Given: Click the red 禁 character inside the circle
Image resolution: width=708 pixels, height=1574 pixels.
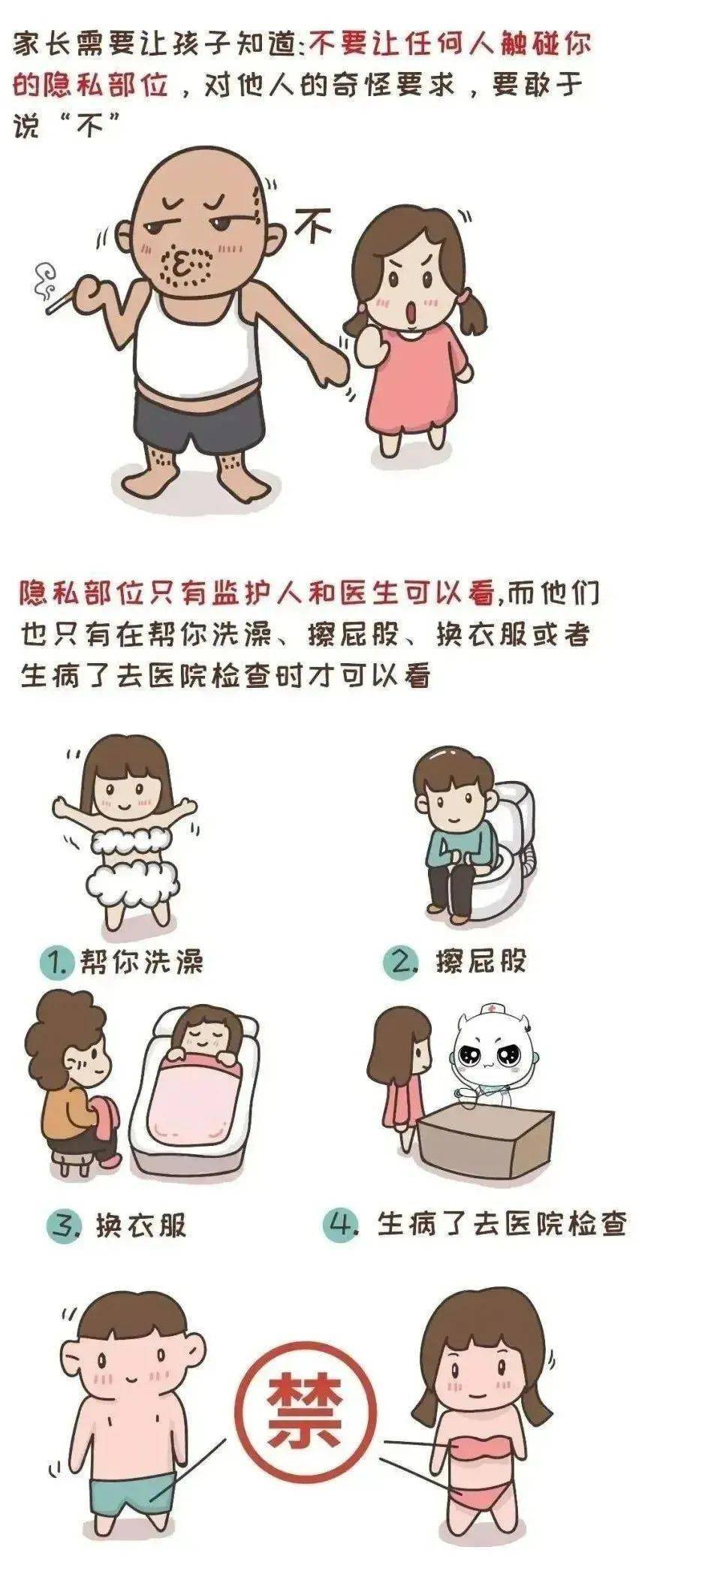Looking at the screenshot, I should click(304, 1411).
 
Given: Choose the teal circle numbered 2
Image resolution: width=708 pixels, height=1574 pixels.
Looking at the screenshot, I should click(399, 962).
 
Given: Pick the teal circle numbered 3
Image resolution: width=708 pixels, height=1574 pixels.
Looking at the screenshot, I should click(63, 1226).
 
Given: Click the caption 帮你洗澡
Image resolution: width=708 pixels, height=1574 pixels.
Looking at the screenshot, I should click(142, 962).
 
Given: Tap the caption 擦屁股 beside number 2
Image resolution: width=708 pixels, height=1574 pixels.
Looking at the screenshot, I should click(481, 962).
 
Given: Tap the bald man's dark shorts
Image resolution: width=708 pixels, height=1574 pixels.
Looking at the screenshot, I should click(199, 421).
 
